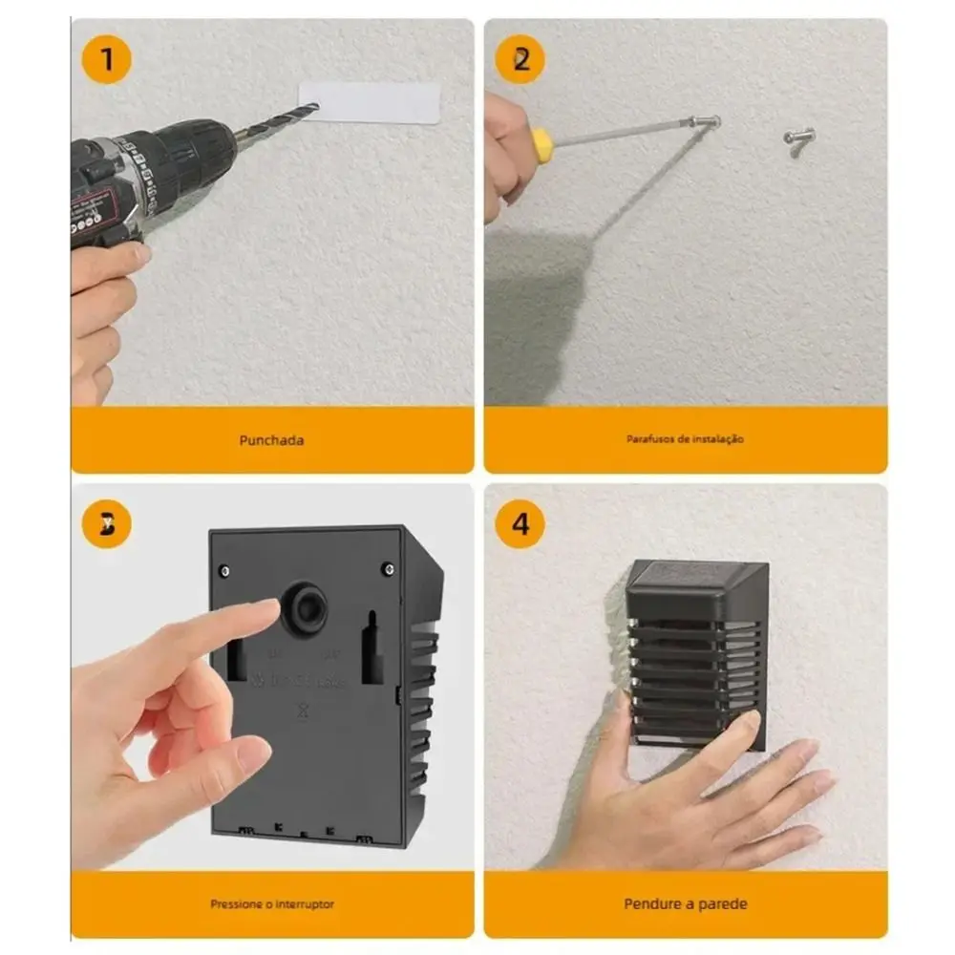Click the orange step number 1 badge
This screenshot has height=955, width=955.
107,60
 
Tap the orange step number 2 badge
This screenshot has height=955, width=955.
520,60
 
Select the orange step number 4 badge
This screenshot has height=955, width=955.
520,523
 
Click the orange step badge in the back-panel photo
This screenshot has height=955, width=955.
107,524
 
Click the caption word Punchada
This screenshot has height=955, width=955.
272,440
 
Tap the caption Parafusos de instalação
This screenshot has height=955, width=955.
685,439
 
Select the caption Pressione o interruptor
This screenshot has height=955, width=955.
272,903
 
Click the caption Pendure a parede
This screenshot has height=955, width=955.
685,903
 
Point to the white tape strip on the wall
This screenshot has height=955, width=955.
370,102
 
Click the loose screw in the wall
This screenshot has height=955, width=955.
797,138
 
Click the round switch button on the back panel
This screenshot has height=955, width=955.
304,608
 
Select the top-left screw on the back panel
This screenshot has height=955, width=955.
224,570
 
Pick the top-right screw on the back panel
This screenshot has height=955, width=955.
389,569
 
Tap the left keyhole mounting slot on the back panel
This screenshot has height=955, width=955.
235,655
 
